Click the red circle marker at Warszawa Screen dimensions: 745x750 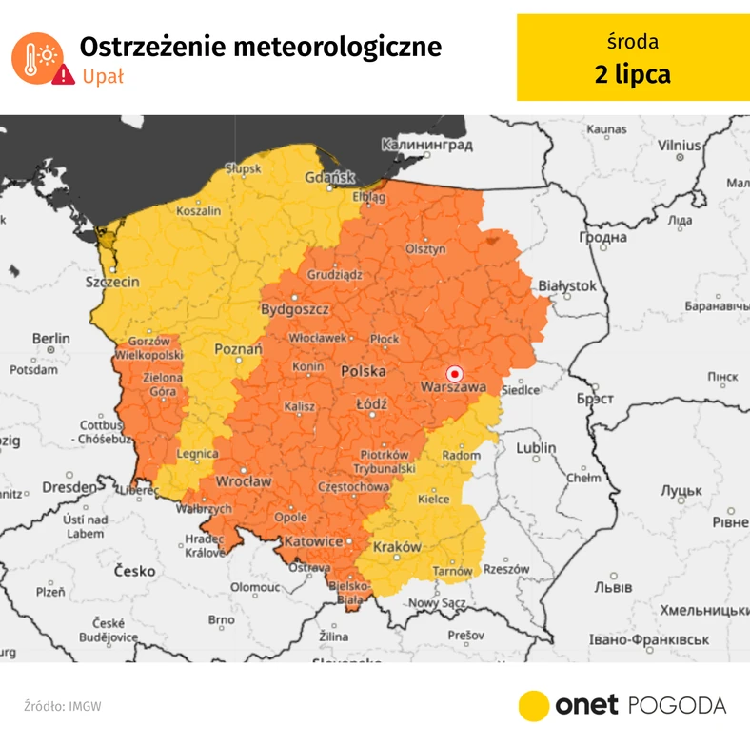[455, 374]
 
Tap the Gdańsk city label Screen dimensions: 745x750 [329, 178]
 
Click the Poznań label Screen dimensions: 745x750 [238, 349]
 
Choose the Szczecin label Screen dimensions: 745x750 [112, 282]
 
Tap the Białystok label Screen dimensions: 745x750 [567, 285]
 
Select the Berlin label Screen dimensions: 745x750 [50, 338]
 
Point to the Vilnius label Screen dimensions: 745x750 [679, 145]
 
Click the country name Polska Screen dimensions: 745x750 [364, 370]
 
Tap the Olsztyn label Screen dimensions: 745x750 [425, 249]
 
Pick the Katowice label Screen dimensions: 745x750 [313, 541]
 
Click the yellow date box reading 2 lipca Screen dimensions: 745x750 [632, 58]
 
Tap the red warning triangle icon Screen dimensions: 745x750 [63, 75]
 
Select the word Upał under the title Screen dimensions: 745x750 [103, 76]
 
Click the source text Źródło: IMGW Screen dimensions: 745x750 [63, 706]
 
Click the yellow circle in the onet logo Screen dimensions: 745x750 [535, 705]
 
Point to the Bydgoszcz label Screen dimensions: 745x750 [295, 310]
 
